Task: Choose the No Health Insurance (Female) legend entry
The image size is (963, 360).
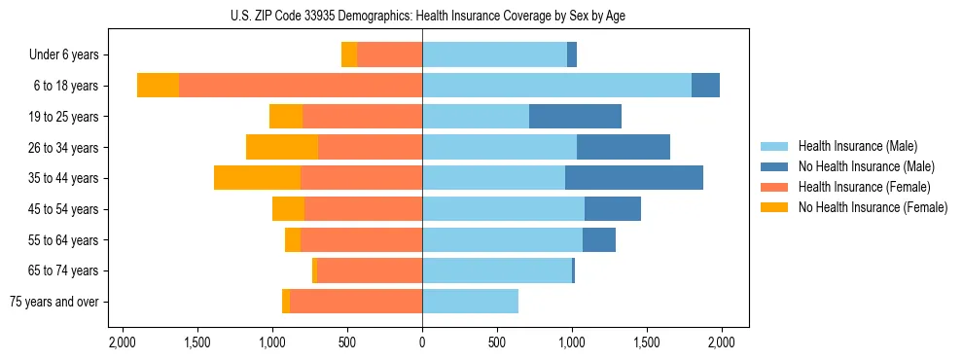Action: coord(873,207)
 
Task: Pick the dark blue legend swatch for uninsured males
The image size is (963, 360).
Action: coord(774,166)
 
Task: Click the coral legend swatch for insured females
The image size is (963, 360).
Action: coord(774,187)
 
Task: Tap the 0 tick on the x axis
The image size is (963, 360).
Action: coord(422,342)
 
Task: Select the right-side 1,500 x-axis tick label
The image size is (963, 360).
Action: coord(647,342)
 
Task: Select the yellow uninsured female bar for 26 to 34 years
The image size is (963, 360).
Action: coord(282,147)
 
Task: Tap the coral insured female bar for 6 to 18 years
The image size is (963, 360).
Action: coord(301,86)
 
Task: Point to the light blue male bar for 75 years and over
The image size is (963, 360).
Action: coord(470,302)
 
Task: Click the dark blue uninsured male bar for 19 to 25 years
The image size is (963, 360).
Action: coord(575,117)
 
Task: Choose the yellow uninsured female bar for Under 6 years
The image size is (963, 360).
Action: coord(349,54)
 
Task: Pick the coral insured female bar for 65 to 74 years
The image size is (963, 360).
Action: coord(370,270)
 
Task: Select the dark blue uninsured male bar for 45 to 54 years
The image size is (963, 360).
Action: coord(613,209)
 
